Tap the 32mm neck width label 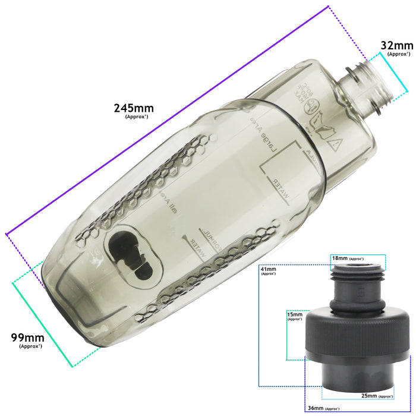pyautogui.click(x=396, y=46)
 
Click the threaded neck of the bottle pyautogui.click(x=364, y=88)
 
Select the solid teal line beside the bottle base pyautogui.click(x=42, y=324)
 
